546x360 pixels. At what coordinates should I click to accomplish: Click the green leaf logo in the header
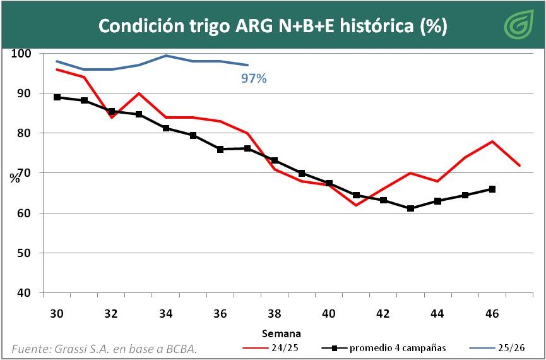pos(518,25)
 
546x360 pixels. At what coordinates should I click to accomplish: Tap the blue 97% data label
pos(254,79)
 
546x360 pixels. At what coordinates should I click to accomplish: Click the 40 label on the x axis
pos(328,313)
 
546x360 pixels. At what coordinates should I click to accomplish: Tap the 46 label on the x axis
pos(492,313)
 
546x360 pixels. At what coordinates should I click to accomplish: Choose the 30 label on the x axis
pos(57,313)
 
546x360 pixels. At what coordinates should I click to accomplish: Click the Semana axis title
pos(281,333)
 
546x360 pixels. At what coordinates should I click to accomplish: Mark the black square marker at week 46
pos(492,189)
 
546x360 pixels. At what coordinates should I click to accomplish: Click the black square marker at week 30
pos(57,97)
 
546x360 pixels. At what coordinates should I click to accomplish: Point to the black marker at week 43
pos(410,208)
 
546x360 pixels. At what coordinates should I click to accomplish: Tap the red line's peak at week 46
pos(492,141)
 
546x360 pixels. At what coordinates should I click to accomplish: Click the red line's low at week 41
pos(356,205)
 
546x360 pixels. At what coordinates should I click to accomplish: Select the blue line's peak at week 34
pos(166,56)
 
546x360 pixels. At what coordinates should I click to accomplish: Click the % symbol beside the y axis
pos(15,177)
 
